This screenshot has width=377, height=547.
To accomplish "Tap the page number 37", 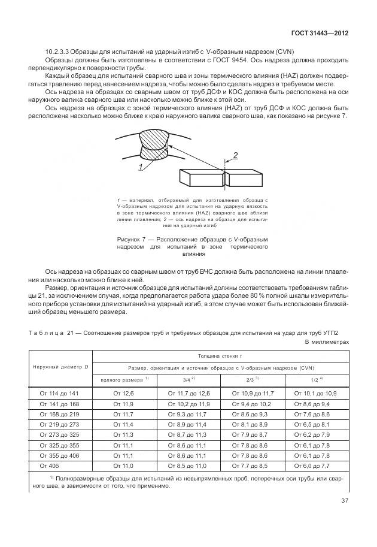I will [x=345, y=501].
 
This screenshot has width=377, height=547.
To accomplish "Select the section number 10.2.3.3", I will [x=59, y=52].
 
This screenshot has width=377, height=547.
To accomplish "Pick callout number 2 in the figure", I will [x=235, y=156].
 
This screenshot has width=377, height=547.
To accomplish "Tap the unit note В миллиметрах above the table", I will [x=326, y=342].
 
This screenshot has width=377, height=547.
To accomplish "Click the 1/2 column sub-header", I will [x=317, y=380].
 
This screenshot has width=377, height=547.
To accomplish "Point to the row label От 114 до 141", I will [x=59, y=393].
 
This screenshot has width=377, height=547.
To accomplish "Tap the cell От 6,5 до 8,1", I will [x=317, y=424].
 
